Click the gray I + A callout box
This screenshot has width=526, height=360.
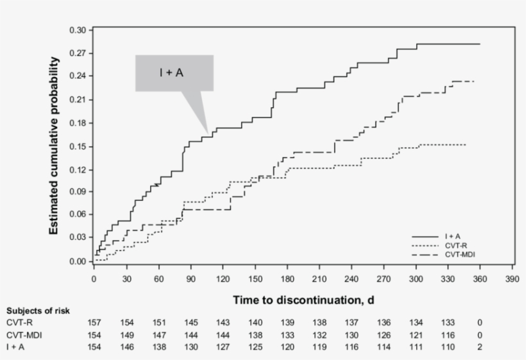point(174,73)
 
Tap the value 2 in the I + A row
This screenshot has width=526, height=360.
point(480,347)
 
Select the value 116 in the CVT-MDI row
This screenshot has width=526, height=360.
point(448,335)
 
